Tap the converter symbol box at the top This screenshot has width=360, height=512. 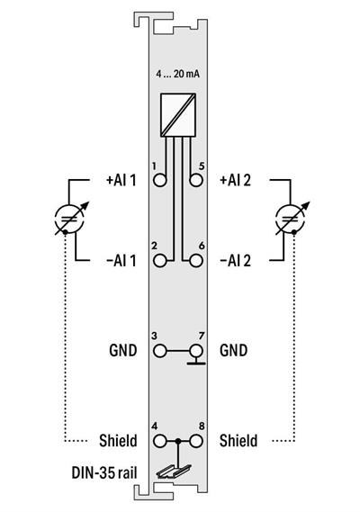point(179,112)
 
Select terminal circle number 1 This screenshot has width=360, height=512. point(162,179)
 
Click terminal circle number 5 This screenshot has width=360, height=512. point(196,179)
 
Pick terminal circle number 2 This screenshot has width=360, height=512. point(162,260)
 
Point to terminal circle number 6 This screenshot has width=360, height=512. point(196,260)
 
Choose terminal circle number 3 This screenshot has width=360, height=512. point(162,349)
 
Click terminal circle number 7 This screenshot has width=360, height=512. point(196,349)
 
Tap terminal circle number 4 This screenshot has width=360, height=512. point(162,441)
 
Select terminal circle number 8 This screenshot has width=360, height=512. point(196,441)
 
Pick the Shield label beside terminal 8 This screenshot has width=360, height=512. point(238,441)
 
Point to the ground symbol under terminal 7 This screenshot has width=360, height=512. point(196,364)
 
